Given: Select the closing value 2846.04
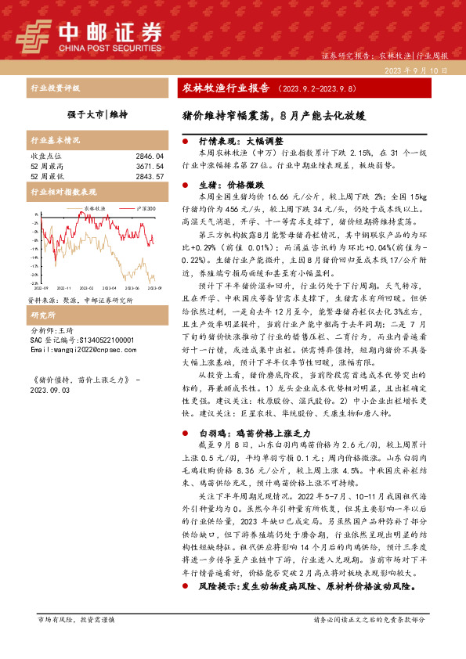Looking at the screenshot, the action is click(149, 157).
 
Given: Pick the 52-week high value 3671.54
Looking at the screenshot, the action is click(149, 166).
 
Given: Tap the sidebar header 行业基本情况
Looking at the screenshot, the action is click(55, 140).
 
